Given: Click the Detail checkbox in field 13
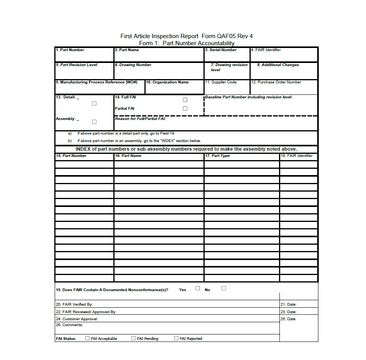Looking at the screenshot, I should [x=94, y=103].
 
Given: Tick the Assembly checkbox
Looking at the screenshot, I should [x=94, y=122].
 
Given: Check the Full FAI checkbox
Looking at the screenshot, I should [x=185, y=100].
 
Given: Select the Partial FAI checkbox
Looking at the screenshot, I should [x=185, y=109].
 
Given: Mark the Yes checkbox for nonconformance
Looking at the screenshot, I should [x=198, y=288].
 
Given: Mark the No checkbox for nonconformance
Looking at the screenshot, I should [x=224, y=288].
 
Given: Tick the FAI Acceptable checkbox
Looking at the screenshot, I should [x=87, y=338].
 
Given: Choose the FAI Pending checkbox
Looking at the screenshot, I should [x=133, y=338].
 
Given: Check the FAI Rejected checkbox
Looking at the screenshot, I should [x=176, y=338].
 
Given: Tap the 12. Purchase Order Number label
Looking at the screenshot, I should [x=276, y=82].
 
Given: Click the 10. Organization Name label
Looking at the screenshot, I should [x=167, y=82].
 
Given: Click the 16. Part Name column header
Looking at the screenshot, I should [x=128, y=156].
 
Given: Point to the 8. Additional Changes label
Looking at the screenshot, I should [x=278, y=65].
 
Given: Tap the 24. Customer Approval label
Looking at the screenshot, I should [x=77, y=319].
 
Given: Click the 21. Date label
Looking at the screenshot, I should [x=288, y=305].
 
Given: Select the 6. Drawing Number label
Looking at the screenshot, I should [x=133, y=65].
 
